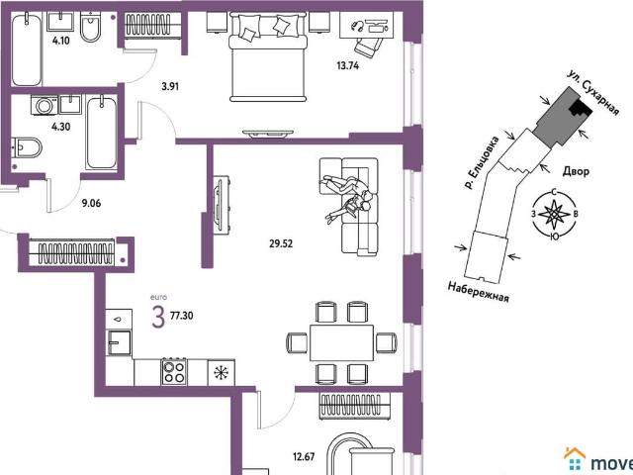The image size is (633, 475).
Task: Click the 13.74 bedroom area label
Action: coord(347,65)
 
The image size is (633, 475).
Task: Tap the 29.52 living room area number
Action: coord(281,243)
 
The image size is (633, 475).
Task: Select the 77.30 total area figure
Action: coord(182,316)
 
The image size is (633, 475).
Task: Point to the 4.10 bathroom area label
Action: coord(60,41)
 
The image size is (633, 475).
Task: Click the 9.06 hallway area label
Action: coord(91,203)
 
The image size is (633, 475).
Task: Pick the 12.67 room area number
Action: coord(304,457)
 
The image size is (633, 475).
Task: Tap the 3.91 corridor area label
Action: coord(170,86)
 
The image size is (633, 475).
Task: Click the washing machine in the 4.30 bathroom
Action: coord(45,106)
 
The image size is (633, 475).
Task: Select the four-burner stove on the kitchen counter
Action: coord(174,371)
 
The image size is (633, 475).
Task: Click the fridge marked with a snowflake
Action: coord(222,372)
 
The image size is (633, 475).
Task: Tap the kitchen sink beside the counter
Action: coord(119,342)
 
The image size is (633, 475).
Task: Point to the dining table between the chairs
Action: coord(341,342)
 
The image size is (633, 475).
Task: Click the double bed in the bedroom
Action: coord(268,56)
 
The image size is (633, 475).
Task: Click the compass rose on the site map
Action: coord(555,216)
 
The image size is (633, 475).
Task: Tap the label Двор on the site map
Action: coord(576,171)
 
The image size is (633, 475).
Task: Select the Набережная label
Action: coord(478,292)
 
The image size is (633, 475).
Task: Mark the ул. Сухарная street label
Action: coord(592,93)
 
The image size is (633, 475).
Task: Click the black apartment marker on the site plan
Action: coord(581,108)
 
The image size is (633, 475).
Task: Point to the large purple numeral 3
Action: coord(158,317)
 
